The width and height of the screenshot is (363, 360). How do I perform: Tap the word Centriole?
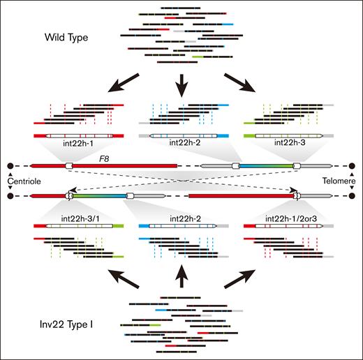click(20, 181)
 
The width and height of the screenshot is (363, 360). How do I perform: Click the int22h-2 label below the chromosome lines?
click(181, 218)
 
